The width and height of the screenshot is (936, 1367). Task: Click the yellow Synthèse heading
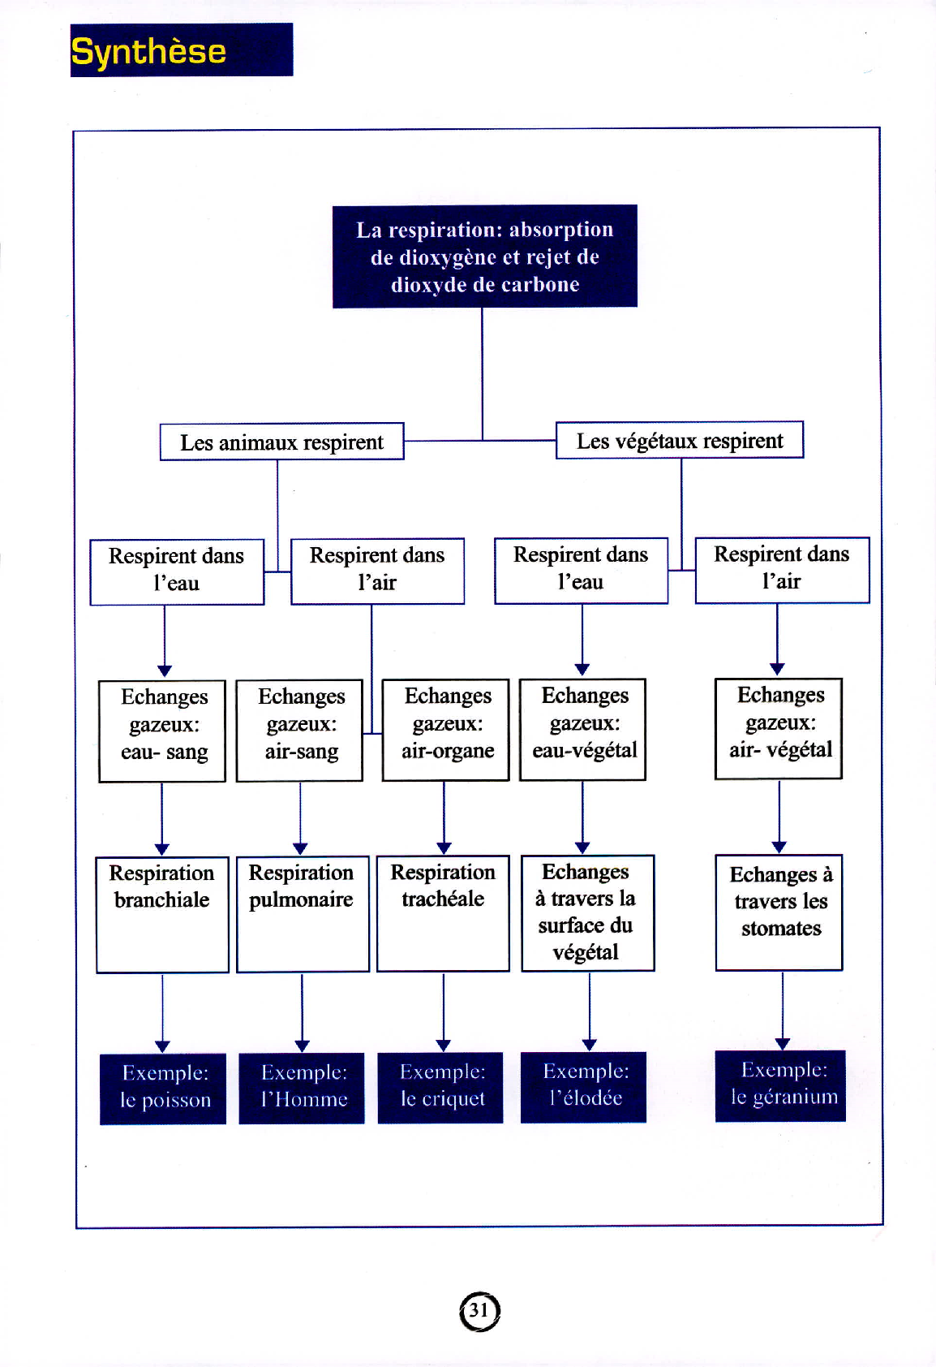tap(148, 50)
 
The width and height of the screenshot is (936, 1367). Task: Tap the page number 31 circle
tap(479, 1311)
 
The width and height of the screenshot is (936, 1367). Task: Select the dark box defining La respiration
tap(485, 257)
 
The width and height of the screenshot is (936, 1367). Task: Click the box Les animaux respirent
tap(281, 442)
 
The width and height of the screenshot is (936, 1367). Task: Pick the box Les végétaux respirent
tap(679, 440)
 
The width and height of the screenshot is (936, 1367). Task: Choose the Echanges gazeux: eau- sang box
tap(162, 731)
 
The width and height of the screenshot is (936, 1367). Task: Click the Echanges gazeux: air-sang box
tap(299, 731)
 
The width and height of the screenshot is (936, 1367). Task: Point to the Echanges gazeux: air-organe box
tap(446, 730)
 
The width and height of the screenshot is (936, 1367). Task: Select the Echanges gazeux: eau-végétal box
tap(583, 729)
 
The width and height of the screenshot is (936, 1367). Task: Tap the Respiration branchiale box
tap(162, 914)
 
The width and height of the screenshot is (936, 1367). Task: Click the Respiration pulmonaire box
tap(303, 913)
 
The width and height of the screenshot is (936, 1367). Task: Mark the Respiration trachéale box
tap(444, 913)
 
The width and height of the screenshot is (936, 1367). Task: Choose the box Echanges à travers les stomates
tap(779, 912)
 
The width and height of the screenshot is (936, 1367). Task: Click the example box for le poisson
tap(163, 1089)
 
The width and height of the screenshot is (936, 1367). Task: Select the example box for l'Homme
tap(302, 1088)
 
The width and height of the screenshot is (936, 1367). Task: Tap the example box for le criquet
tap(441, 1088)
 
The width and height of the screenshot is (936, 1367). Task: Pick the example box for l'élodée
tap(583, 1087)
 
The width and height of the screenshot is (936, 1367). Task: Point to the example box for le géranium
tap(780, 1085)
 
